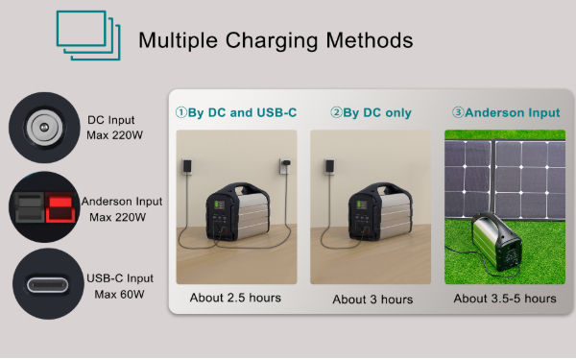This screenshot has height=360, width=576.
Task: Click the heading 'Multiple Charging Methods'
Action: (x=276, y=41)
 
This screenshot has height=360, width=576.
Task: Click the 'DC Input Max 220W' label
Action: (x=116, y=127)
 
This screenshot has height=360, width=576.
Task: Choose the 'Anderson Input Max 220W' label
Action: (x=121, y=208)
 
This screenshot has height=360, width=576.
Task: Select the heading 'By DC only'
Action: (x=371, y=112)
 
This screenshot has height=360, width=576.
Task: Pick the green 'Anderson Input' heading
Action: (x=506, y=112)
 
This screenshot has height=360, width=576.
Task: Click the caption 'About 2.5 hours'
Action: (x=235, y=298)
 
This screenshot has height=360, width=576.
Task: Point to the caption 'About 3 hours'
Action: (x=371, y=299)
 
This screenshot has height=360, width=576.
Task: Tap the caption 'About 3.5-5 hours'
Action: (x=505, y=299)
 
